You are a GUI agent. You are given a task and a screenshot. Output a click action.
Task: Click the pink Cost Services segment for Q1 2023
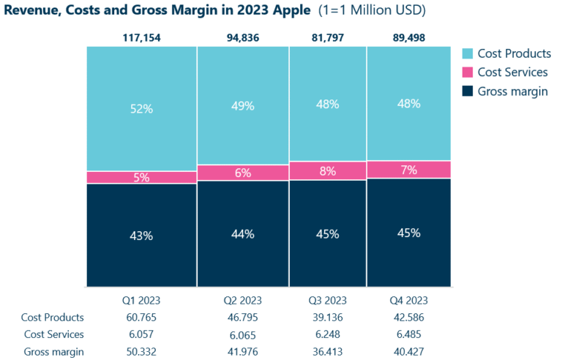click(x=110, y=177)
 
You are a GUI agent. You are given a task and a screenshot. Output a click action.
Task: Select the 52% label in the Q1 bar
click(x=141, y=108)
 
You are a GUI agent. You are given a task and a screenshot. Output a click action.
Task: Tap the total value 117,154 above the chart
click(x=141, y=37)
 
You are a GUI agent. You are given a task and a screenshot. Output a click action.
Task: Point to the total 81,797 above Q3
click(x=327, y=37)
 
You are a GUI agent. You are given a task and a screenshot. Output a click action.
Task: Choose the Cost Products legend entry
click(x=512, y=53)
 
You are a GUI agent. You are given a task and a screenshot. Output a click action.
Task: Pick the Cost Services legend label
click(x=512, y=72)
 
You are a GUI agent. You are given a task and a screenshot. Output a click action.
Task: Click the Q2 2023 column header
click(x=242, y=300)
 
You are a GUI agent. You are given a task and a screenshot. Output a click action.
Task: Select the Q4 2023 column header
click(x=408, y=300)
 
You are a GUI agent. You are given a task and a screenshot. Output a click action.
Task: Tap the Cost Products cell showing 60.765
click(x=141, y=317)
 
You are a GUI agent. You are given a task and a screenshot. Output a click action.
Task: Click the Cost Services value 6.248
click(x=327, y=334)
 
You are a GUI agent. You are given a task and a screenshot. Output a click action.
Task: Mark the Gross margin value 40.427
click(x=408, y=351)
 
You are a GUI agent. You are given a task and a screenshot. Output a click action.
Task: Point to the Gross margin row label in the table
click(x=53, y=351)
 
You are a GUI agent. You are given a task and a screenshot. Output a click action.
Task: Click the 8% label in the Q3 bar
click(x=327, y=171)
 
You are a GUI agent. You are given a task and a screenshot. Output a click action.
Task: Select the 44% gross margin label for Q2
click(x=242, y=234)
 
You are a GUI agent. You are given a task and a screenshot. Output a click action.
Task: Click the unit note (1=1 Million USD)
click(x=372, y=11)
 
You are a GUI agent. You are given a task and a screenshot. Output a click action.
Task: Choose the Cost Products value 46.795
click(x=242, y=317)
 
